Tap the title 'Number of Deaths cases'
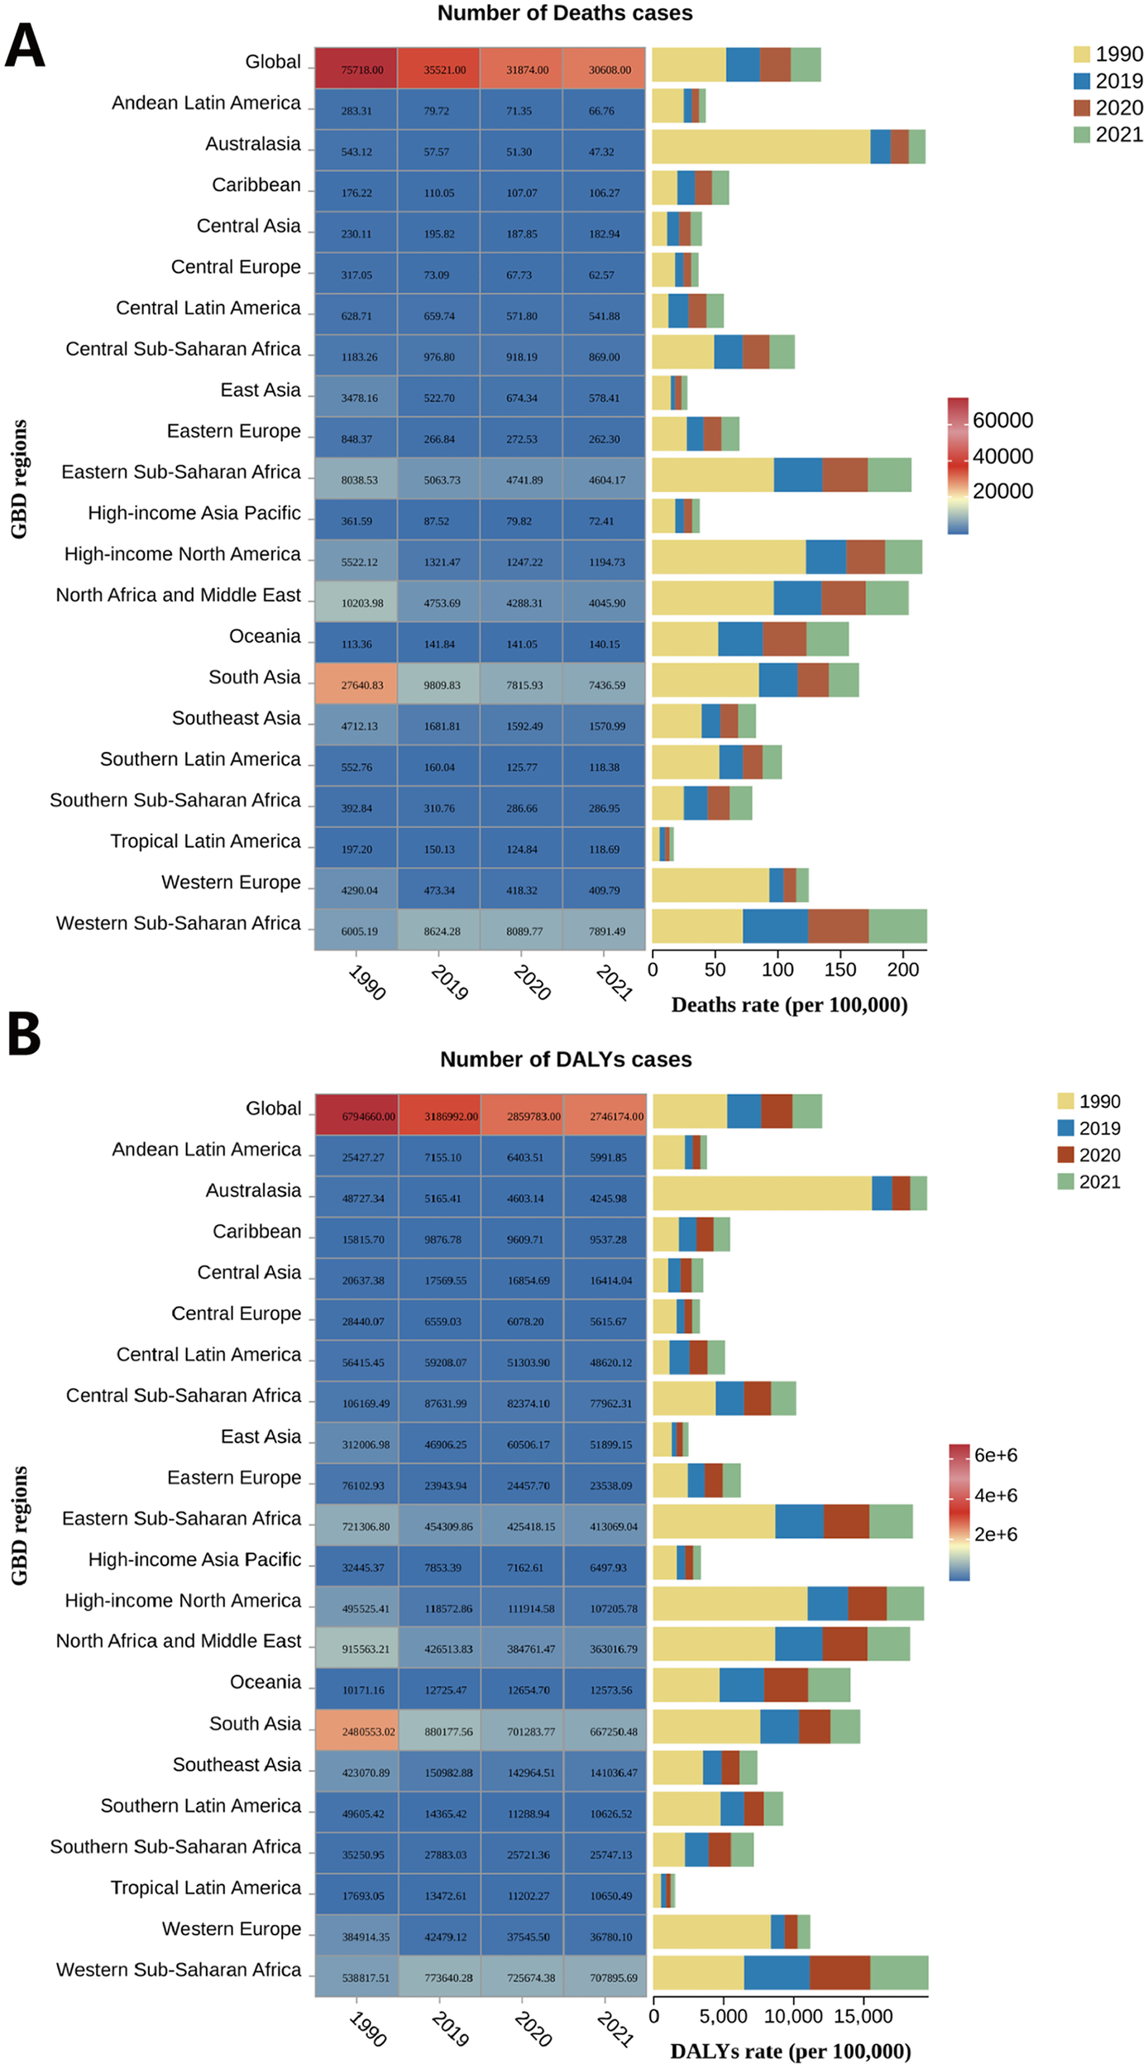pos(565,13)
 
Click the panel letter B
pos(24,1036)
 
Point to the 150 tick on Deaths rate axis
pos(840,969)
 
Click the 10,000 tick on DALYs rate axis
pos(792,2015)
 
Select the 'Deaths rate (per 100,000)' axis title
pos(789,1005)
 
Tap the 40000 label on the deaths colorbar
pos(1002,456)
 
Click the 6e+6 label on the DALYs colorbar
pos(995,1454)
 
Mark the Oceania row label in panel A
pos(265,636)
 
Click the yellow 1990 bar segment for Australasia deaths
pos(761,146)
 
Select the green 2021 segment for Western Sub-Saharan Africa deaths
pos(897,926)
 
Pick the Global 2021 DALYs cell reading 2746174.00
pos(605,1116)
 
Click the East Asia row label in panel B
pos(261,1436)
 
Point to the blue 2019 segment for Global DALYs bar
pos(744,1111)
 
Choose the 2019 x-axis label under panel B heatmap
pos(450,2028)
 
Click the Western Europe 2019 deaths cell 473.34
pos(438,889)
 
